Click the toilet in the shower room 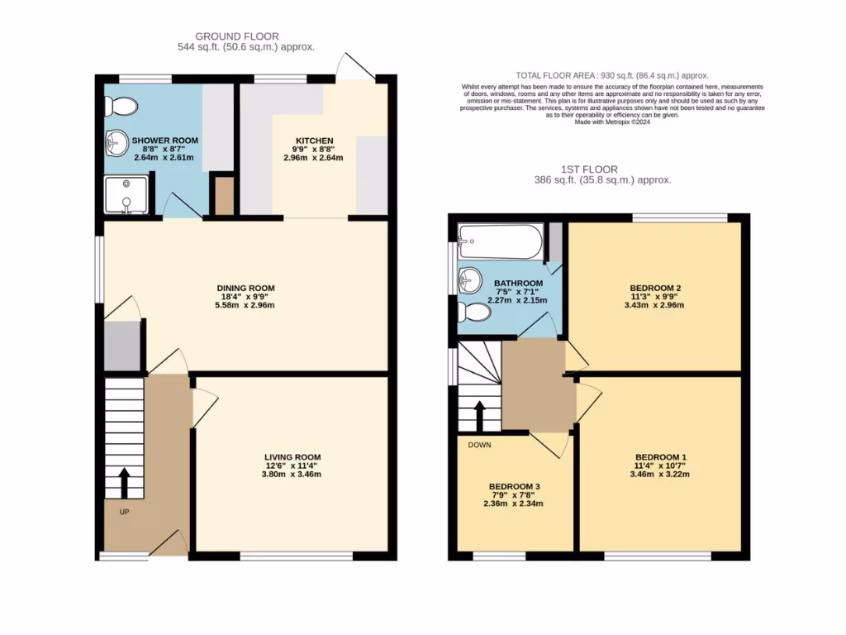[x=122, y=106]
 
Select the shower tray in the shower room [x=126, y=194]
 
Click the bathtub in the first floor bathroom [x=501, y=241]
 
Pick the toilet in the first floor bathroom [x=473, y=312]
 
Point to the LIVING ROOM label [x=292, y=457]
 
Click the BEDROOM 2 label [x=655, y=289]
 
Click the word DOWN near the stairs [x=480, y=445]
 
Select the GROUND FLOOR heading [x=237, y=36]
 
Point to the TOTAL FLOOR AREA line [x=612, y=74]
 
